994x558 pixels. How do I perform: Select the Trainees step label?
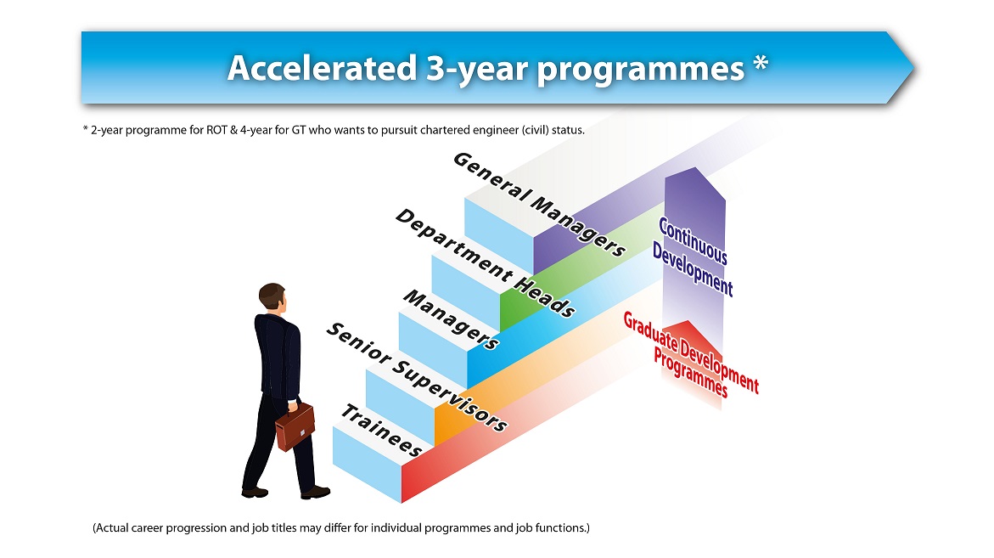coord(381,431)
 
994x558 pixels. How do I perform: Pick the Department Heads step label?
coord(485,263)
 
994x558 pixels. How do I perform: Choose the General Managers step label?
coord(540,204)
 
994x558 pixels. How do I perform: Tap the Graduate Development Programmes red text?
coord(691,354)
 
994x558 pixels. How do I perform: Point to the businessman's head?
coord(272,299)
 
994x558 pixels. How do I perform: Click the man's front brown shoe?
coord(315,492)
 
